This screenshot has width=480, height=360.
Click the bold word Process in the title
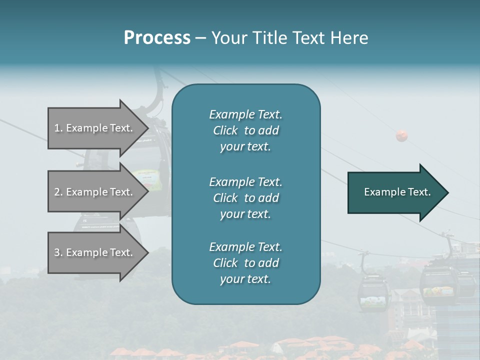pos(157,38)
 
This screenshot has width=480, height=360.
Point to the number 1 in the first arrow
pos(57,128)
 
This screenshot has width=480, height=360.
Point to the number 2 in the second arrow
pos(57,192)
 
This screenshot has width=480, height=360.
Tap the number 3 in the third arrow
pos(57,252)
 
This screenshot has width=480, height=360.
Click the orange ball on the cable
pos(401,135)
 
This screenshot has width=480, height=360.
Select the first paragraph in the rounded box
pos(245,130)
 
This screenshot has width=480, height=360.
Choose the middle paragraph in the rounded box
pos(245,198)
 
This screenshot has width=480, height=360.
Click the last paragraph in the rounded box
pos(245,263)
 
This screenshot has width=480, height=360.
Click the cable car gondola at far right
pos(440,282)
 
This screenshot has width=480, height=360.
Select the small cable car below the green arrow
pos(373,292)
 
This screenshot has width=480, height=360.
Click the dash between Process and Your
pos(200,38)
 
